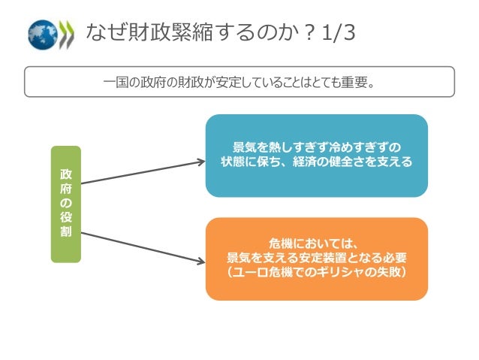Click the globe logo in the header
click(x=43, y=34)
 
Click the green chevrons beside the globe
click(x=68, y=34)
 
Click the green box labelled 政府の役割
click(x=65, y=204)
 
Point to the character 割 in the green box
click(x=65, y=232)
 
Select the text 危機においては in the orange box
click(x=316, y=244)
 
